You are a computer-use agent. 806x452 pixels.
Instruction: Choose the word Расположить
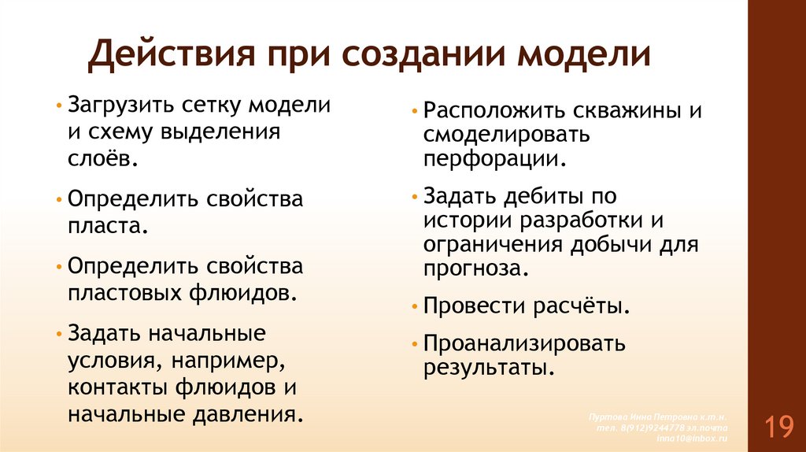488,110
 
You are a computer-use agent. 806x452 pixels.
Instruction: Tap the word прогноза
473,269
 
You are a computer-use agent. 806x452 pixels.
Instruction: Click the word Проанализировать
524,343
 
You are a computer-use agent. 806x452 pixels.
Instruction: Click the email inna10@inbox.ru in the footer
693,436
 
